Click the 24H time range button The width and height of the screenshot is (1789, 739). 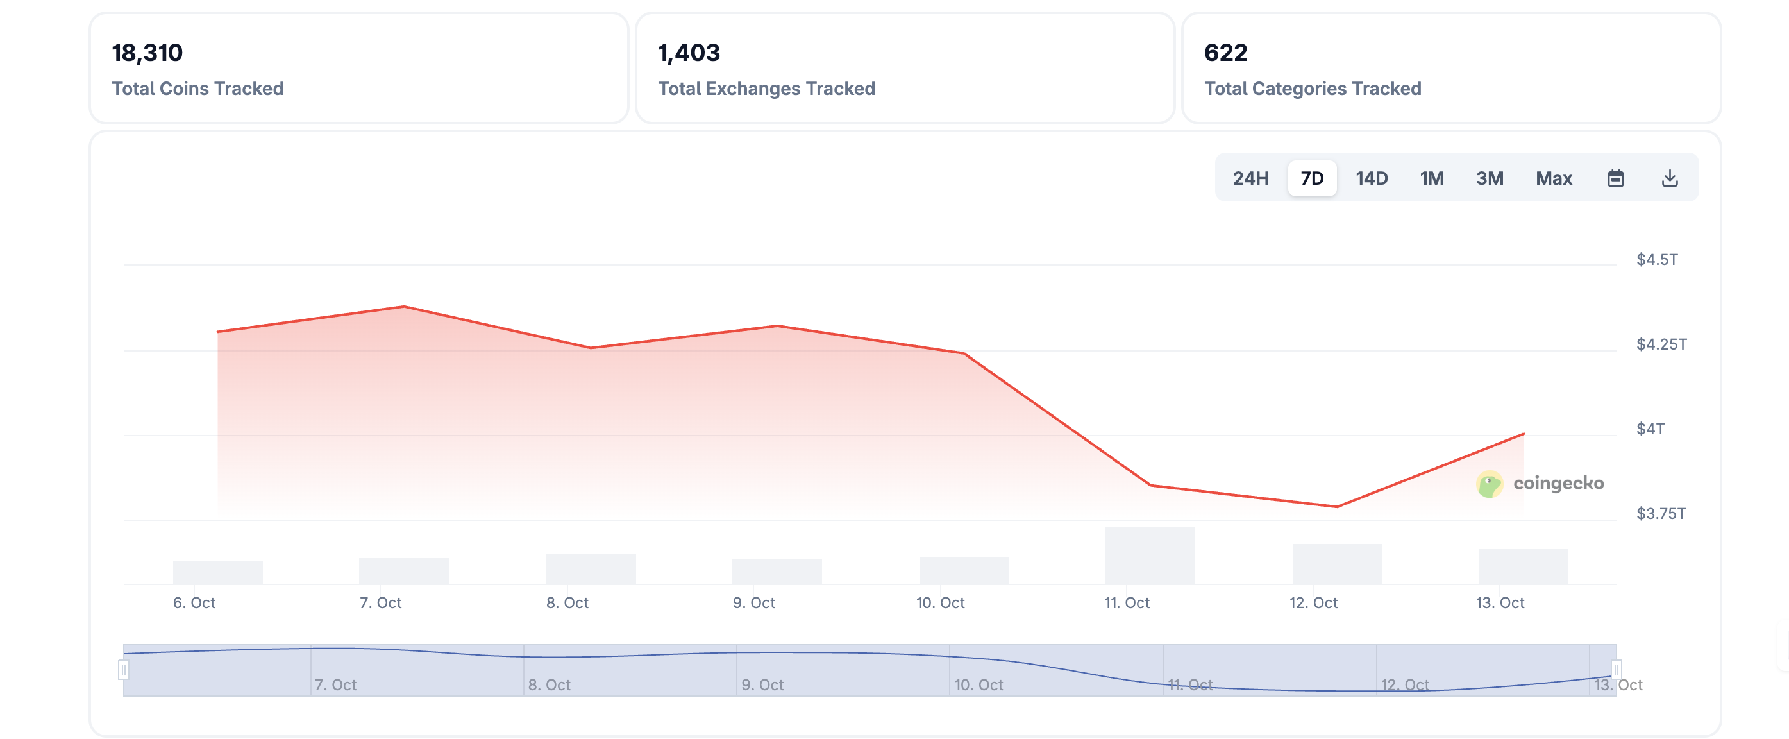1250,178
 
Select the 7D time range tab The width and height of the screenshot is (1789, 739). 1311,178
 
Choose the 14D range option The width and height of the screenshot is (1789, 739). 1371,178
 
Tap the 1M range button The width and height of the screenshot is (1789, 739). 1431,178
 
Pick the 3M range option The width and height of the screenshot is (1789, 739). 1489,178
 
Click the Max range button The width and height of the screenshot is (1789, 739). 1553,178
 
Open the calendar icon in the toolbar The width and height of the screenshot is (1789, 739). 1615,178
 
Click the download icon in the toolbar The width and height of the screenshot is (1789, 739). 1670,178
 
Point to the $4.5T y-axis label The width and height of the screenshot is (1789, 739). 1656,260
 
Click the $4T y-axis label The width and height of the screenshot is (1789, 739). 1650,429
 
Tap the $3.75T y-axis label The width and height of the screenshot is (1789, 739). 1661,514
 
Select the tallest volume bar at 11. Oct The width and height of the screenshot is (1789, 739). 1150,556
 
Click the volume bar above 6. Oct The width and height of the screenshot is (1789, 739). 217,572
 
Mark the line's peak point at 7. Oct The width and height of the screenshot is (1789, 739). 404,306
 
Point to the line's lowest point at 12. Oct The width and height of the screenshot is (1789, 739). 1337,506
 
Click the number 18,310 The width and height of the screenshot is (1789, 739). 147,53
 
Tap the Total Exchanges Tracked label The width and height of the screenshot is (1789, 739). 766,89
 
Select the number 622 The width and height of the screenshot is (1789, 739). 1226,53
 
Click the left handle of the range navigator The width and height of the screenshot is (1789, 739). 124,670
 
